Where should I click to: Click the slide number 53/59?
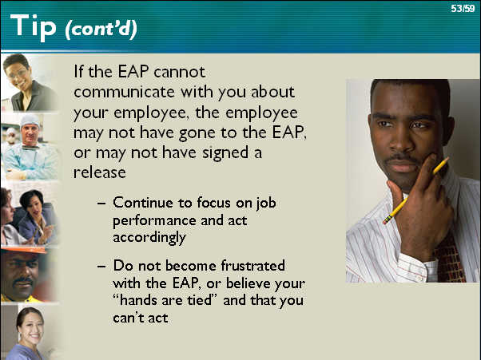pos(463,8)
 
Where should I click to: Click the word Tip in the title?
pos(33,27)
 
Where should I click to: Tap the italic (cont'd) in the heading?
pos(101,30)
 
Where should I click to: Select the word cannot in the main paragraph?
pos(180,72)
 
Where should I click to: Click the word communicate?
pos(124,92)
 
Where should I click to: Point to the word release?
pos(100,172)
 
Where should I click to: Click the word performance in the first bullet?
pos(154,221)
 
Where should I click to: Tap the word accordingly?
pos(149,238)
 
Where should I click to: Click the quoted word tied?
pos(200,299)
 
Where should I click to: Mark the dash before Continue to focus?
pos(101,203)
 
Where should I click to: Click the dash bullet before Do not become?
pos(101,267)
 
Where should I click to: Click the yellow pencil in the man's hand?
pos(415,191)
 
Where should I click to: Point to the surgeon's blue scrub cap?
pos(30,120)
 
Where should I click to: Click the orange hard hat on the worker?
pos(24,250)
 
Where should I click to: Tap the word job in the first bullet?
pos(266,204)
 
